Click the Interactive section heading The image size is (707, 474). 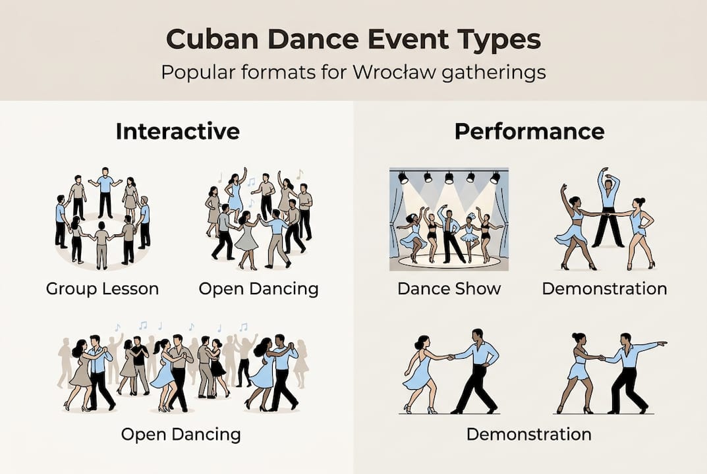pyautogui.click(x=177, y=131)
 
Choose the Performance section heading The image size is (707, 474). pyautogui.click(x=529, y=131)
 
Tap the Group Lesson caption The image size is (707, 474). pyautogui.click(x=102, y=288)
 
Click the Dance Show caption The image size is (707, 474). pyautogui.click(x=449, y=288)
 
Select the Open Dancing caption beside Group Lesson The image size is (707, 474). pyautogui.click(x=259, y=288)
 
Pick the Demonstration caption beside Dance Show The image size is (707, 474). pyautogui.click(x=604, y=288)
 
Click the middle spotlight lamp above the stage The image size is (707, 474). pyautogui.click(x=449, y=177)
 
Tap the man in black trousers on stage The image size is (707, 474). pyautogui.click(x=452, y=234)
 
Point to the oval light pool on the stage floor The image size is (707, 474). pyautogui.click(x=449, y=261)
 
